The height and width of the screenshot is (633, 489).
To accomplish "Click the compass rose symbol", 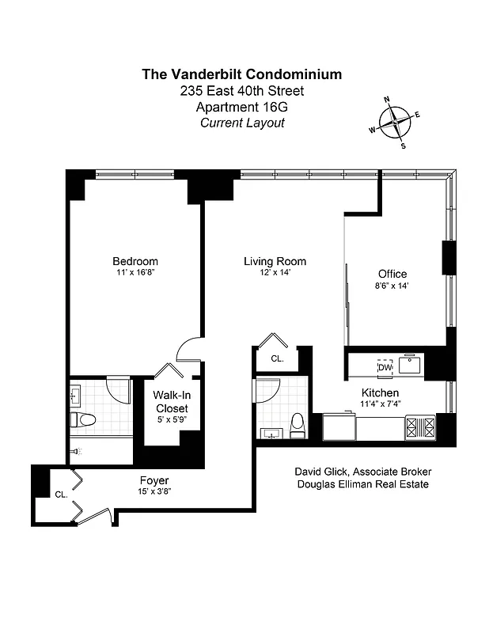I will (394, 122).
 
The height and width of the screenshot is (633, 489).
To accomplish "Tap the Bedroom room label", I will (135, 262).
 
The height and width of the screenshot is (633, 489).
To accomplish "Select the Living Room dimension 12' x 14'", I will (275, 273).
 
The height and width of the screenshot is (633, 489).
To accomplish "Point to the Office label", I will (392, 275).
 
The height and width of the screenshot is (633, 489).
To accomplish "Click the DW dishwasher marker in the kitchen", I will (385, 367).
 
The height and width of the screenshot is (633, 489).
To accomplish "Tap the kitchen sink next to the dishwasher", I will (410, 365).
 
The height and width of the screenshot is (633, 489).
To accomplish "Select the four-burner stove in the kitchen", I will (419, 427).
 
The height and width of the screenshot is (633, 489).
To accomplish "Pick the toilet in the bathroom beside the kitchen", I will (298, 424).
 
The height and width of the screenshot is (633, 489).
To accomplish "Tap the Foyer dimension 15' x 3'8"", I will (154, 491).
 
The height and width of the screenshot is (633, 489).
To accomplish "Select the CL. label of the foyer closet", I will (60, 494).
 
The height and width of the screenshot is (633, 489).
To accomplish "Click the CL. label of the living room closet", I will (277, 358).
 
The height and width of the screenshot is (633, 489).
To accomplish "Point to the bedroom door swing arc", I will (190, 348).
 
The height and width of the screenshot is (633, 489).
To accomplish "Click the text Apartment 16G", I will (241, 107).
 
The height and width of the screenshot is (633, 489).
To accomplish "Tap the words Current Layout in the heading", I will (241, 123).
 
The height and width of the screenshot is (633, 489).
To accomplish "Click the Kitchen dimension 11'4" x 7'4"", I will (380, 404).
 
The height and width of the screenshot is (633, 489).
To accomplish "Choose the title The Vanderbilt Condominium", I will (241, 74).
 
